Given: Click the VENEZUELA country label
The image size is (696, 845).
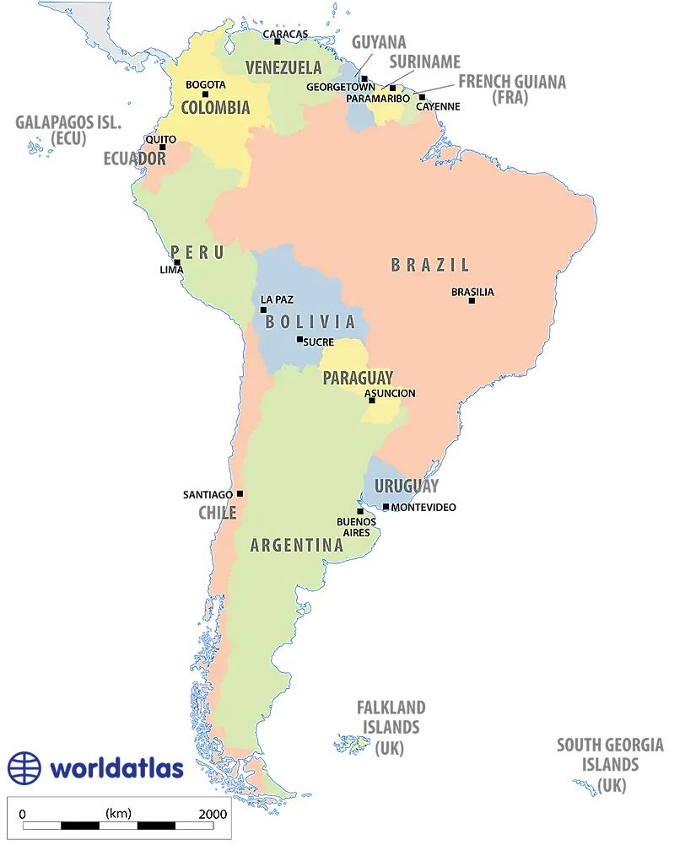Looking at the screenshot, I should point(283,67).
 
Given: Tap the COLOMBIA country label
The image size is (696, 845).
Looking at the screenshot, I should point(215,108).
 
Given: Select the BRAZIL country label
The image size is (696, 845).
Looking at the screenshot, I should point(429,265).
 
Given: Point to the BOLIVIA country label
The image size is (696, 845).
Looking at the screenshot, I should point(310,321).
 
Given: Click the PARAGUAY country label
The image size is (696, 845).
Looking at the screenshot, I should point(358,378).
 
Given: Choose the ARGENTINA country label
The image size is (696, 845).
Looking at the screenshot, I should point(297,546).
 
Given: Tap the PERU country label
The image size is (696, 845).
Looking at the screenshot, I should point(197,252).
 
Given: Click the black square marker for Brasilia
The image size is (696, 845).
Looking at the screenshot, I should point(472,301).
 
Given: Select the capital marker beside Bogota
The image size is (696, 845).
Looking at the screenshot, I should point(205,94).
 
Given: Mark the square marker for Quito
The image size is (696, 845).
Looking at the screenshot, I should point(163,148).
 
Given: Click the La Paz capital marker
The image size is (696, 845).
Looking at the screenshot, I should point(263,309).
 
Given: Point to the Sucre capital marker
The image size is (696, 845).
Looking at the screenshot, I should point(299,340).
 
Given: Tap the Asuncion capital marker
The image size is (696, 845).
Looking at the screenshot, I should point(372,401).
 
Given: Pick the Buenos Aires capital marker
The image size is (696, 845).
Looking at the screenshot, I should point(360,511).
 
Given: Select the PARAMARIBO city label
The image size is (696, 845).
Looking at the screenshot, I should point(378,99).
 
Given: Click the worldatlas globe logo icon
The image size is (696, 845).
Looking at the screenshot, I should point(24,767).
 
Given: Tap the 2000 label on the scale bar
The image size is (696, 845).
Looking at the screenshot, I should point(212,814).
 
